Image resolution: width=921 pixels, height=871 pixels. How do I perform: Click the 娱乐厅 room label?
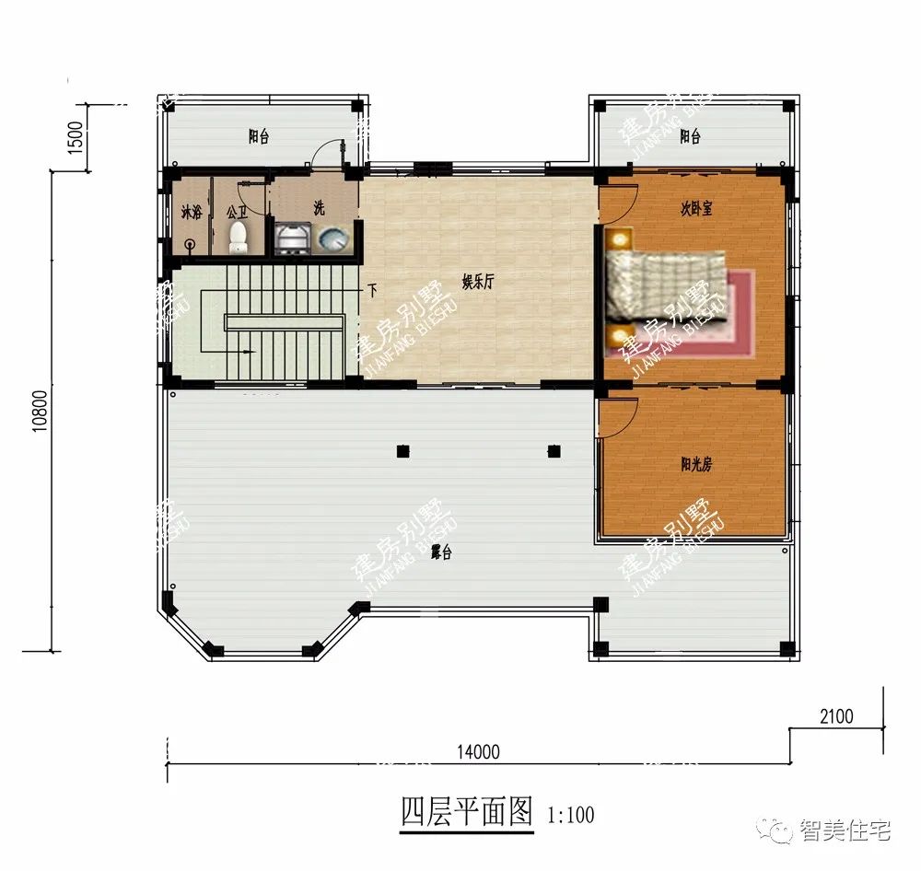(x=478, y=284)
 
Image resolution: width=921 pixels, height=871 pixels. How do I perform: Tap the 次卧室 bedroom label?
(x=696, y=209)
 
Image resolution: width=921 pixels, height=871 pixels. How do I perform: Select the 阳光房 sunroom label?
(x=695, y=465)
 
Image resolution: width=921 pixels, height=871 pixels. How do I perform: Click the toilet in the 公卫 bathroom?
(x=238, y=238)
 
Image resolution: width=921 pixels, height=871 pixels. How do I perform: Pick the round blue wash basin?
(x=332, y=240)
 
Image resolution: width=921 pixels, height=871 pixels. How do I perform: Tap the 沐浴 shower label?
(x=191, y=214)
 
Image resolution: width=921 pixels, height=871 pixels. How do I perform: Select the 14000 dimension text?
(x=477, y=752)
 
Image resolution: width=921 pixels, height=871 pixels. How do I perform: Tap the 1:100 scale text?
(x=571, y=815)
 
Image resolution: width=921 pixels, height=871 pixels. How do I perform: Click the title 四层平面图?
(x=467, y=812)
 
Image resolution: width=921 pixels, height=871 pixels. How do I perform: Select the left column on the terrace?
(x=402, y=451)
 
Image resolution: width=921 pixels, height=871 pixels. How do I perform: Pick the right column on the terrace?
(x=554, y=451)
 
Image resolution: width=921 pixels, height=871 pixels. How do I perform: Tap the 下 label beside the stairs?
(x=372, y=291)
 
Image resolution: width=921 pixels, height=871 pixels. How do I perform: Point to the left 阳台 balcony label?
(x=259, y=137)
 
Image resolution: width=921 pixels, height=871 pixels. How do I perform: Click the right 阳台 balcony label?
(x=690, y=137)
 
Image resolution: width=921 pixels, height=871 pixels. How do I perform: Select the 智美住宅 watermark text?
(x=845, y=830)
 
